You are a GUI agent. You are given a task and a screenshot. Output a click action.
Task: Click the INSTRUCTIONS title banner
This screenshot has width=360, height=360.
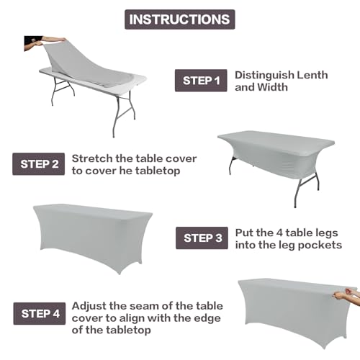tap(179, 19)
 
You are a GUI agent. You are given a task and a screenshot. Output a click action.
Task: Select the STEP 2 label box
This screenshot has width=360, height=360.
tap(39, 163)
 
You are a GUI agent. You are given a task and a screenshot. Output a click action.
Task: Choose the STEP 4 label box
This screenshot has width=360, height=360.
tap(39, 313)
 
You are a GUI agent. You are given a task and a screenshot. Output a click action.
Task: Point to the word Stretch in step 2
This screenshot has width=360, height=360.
tap(90, 158)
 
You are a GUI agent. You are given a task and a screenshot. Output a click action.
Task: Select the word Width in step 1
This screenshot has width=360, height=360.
tap(278, 88)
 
